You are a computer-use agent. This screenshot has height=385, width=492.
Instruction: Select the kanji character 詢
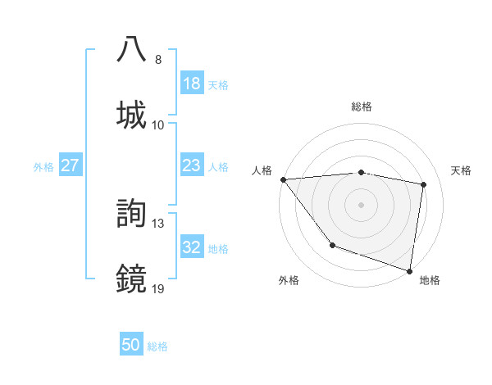[x=132, y=213]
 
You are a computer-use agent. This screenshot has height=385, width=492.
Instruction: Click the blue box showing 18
[x=192, y=84]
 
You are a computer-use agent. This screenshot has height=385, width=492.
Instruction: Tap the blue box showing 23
[x=192, y=165]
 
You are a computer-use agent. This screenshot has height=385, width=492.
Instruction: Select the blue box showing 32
[x=192, y=247]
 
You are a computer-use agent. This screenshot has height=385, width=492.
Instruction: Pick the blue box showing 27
[x=71, y=165]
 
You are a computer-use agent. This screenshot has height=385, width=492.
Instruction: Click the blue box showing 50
[x=131, y=346]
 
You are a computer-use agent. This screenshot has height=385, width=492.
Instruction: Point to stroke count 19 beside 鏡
[x=158, y=288]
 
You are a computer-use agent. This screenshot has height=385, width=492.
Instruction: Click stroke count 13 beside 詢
[x=158, y=223]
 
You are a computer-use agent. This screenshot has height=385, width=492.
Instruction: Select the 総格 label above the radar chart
[x=362, y=106]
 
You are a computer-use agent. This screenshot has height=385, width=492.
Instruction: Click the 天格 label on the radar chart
[x=462, y=170]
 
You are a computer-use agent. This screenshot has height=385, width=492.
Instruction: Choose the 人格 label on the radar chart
[x=261, y=170]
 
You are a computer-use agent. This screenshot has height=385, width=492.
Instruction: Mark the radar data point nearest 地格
[x=410, y=270]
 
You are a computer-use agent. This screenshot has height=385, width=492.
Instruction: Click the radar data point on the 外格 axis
[x=332, y=245]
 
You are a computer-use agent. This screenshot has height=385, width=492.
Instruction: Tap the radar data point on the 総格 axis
[x=362, y=172]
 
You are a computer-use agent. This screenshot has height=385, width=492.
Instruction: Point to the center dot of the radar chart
[x=362, y=204]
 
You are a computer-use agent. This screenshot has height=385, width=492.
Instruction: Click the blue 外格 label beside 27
[x=43, y=166]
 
